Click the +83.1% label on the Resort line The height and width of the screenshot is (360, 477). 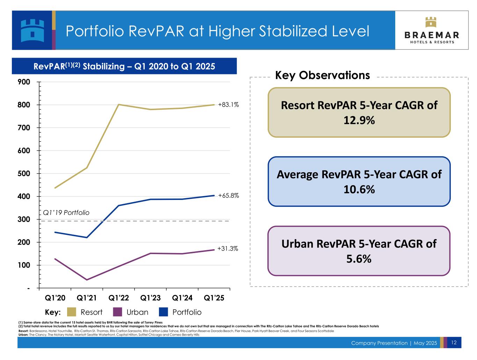click(x=228, y=105)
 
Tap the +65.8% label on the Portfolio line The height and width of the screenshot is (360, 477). click(x=228, y=196)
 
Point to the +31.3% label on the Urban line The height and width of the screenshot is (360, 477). click(x=227, y=249)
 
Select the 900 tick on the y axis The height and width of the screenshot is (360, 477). click(x=24, y=82)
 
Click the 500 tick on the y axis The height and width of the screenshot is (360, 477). click(x=24, y=174)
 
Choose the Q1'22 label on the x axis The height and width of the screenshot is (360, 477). click(x=119, y=298)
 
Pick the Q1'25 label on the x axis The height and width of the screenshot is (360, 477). click(x=214, y=298)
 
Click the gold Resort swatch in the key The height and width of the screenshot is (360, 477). click(x=72, y=312)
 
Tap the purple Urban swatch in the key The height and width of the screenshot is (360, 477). click(x=118, y=312)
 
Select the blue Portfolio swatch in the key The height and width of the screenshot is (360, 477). click(x=164, y=312)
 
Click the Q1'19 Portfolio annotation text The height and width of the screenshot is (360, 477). click(x=66, y=213)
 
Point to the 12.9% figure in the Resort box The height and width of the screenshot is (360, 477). click(x=359, y=120)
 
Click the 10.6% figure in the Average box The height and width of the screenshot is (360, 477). click(x=359, y=189)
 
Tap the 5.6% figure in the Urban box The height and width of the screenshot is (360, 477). click(x=359, y=259)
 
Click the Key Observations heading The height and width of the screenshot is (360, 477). click(x=322, y=75)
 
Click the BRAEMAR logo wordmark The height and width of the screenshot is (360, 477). click(x=432, y=35)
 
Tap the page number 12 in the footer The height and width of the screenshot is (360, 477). click(x=454, y=343)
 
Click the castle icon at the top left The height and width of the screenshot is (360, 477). click(x=32, y=30)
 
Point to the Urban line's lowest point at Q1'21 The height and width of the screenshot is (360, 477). click(x=87, y=280)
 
